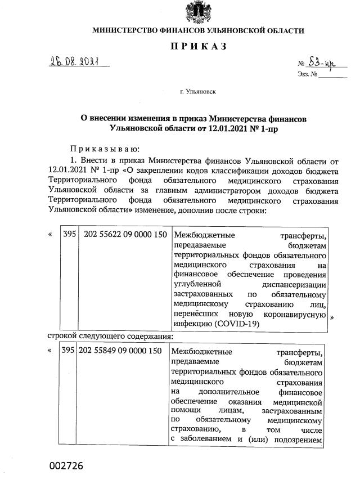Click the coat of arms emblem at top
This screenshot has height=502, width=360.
tap(198, 12)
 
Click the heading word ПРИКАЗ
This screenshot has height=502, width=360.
tap(198, 47)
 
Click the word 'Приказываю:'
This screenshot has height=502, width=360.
tap(101, 149)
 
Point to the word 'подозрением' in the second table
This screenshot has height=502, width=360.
tap(299, 440)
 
